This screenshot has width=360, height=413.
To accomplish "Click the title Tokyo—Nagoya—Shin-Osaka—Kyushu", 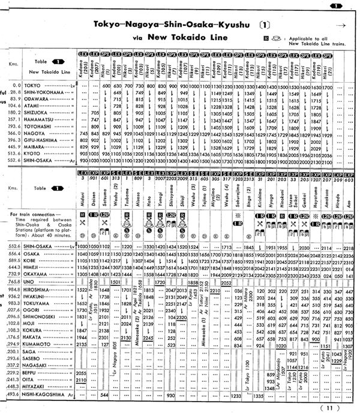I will click(169, 25).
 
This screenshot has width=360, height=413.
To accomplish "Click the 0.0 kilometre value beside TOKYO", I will click(9, 86).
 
